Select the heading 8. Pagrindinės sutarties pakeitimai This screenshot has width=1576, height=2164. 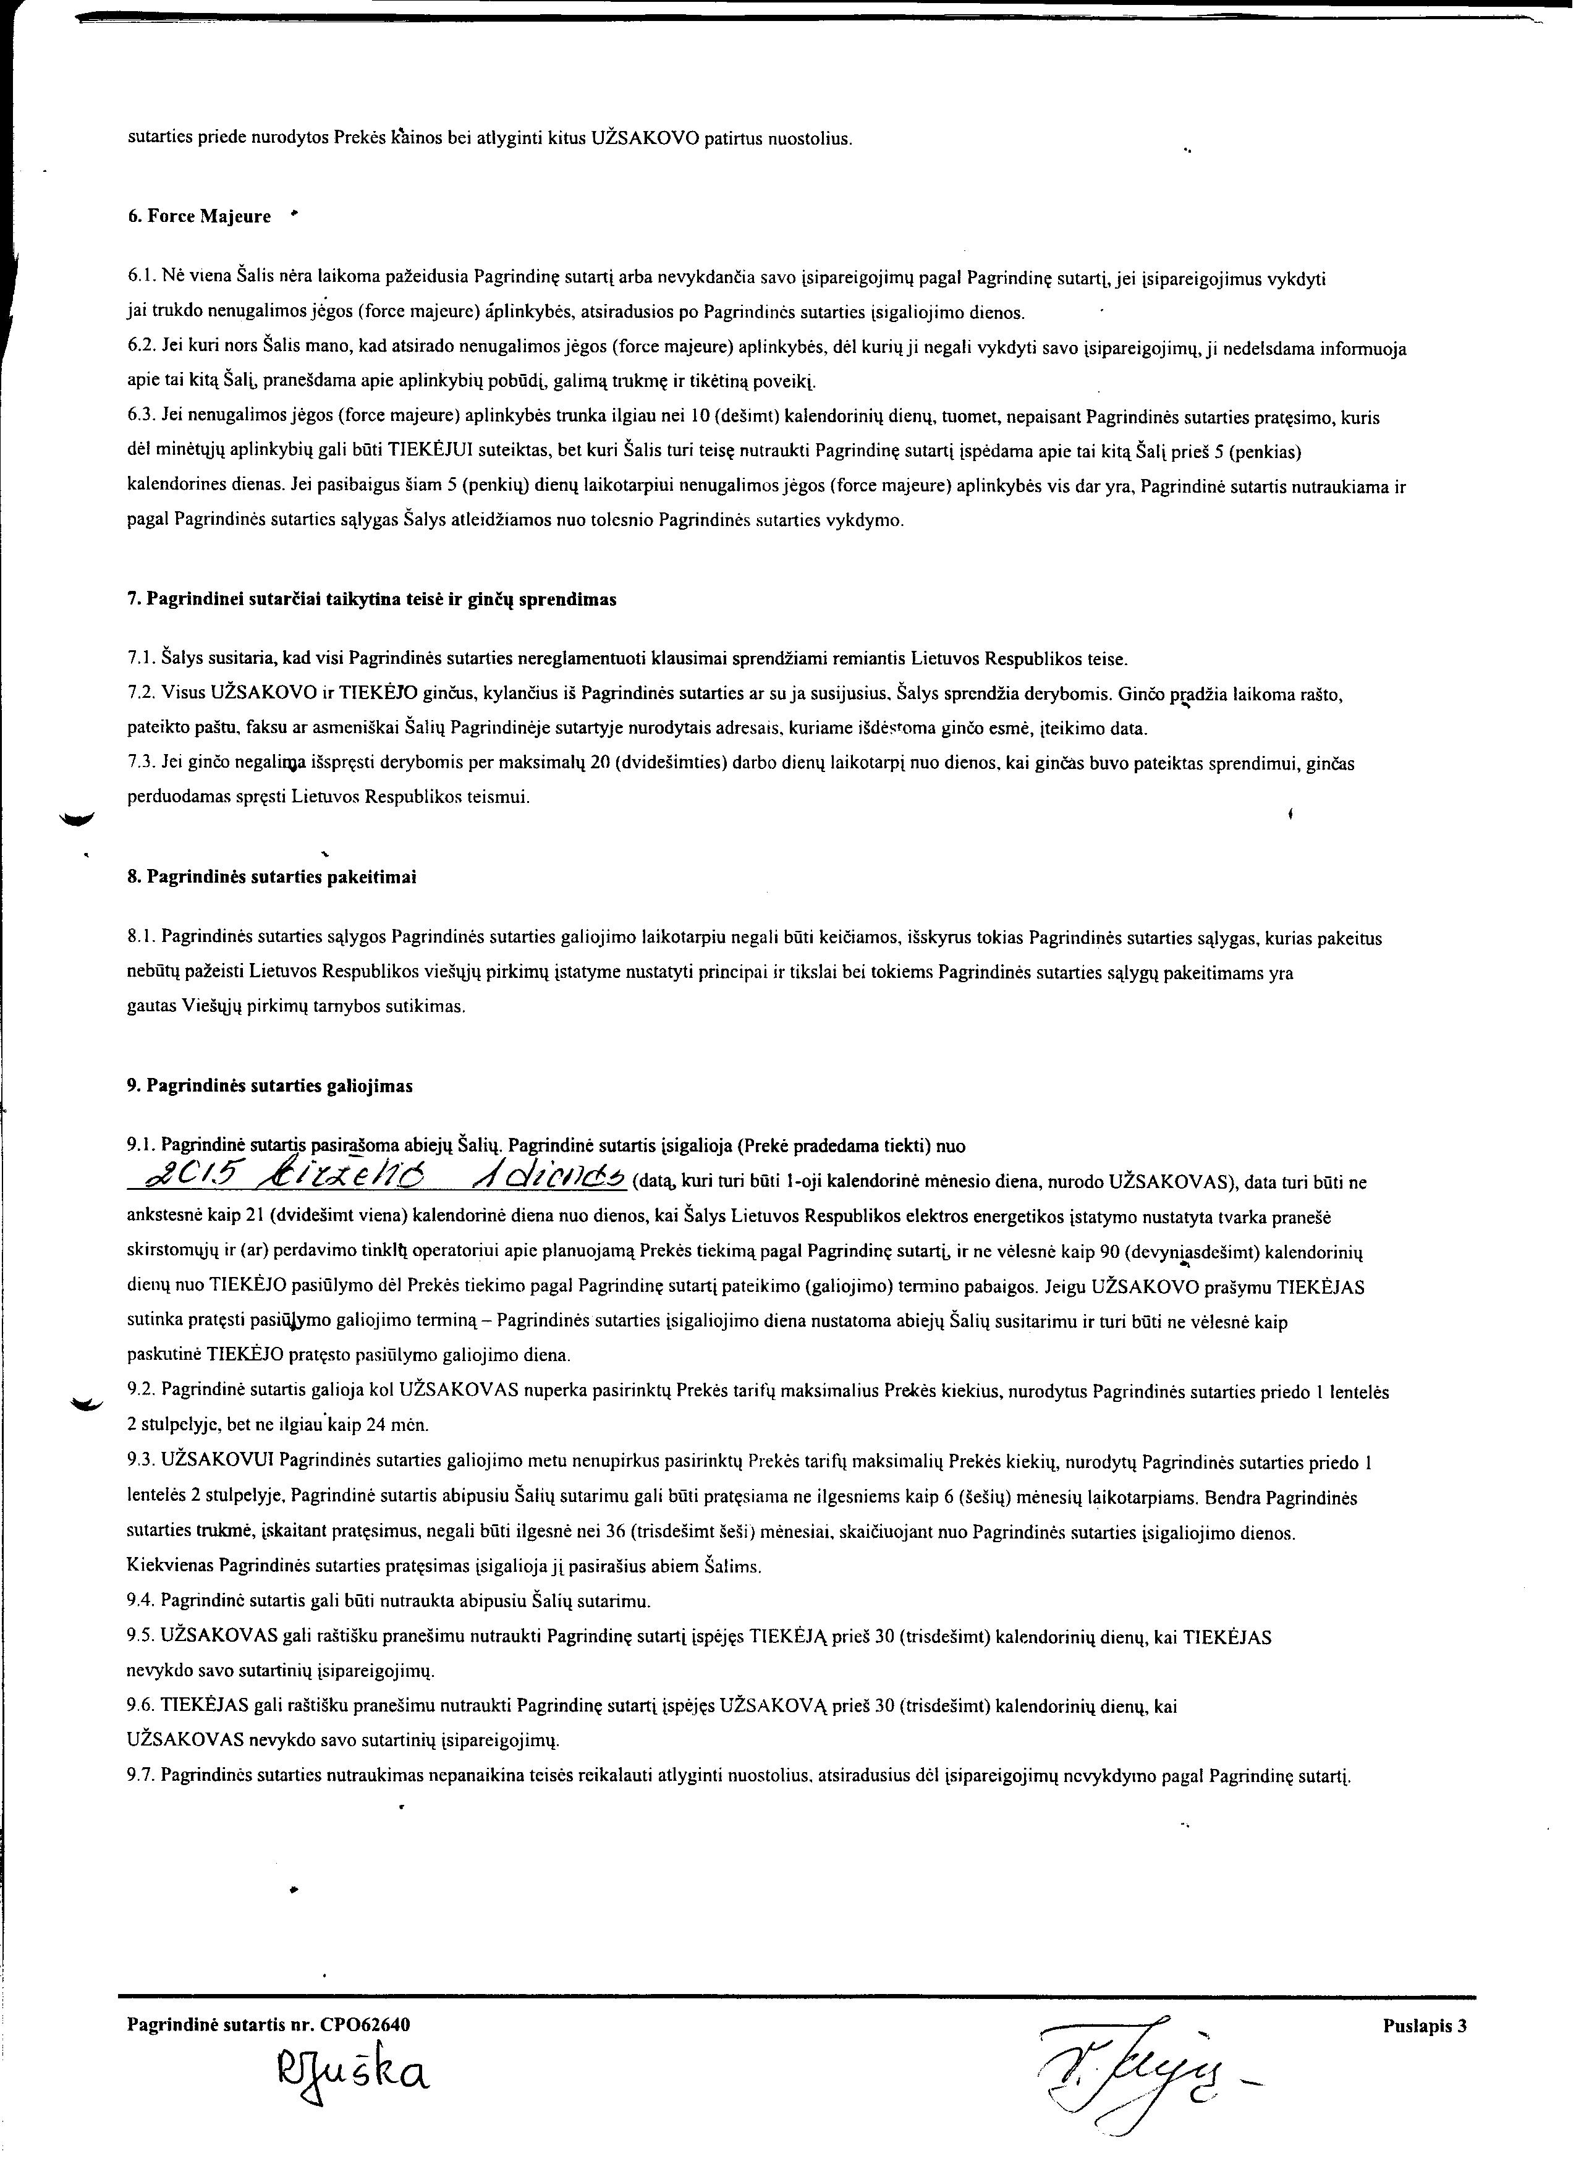coord(272,877)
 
